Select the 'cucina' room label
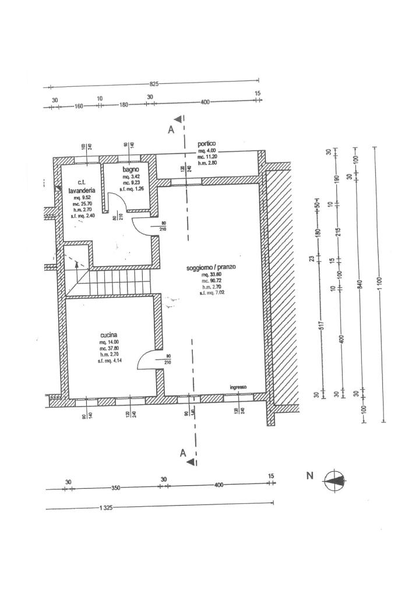coord(110,335)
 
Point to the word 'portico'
coord(207,143)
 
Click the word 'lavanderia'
coord(80,190)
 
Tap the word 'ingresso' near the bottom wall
coord(238,387)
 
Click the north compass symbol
coord(334,480)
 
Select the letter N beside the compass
coord(310,476)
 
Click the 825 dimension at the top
coord(153,84)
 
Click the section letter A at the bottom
coord(182,453)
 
